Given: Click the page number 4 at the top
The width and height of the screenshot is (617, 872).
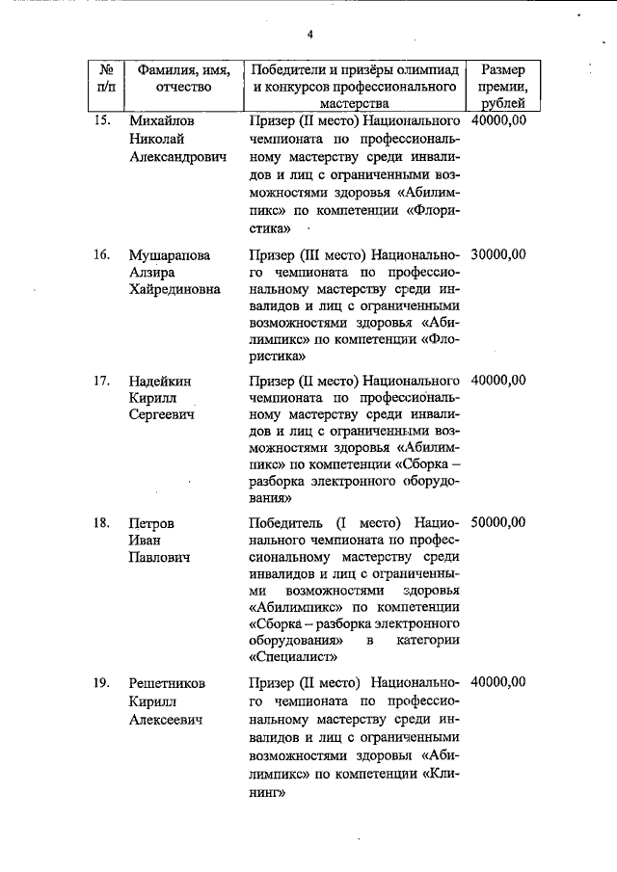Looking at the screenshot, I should (x=310, y=36).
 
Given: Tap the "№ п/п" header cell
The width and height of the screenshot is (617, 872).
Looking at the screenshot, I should (x=106, y=79).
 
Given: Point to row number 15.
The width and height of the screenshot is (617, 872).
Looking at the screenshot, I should (x=101, y=122).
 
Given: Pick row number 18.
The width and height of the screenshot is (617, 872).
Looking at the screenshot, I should (x=101, y=522).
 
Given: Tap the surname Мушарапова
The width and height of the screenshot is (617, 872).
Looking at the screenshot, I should (x=170, y=255).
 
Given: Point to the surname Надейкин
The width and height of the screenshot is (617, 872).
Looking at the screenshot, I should (x=163, y=380).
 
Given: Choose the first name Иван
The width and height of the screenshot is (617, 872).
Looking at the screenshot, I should (x=145, y=540).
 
